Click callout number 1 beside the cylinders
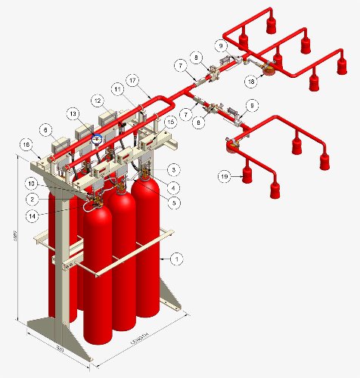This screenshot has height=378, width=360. click(176, 259)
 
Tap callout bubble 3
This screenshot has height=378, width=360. click(174, 169)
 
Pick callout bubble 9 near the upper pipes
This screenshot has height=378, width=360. click(221, 45)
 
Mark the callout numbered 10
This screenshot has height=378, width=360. click(33, 183)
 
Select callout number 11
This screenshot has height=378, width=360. click(117, 89)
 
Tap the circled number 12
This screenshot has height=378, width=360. click(98, 100)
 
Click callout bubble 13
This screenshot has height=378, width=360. click(73, 113)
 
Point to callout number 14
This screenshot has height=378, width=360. click(33, 215)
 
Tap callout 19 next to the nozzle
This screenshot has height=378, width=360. click(225, 176)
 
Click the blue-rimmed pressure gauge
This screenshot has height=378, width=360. click(96, 138)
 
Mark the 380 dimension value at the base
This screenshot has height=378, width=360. click(61, 349)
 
